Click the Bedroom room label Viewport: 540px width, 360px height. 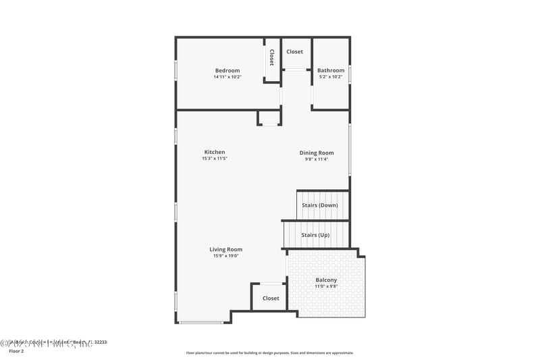click(227, 71)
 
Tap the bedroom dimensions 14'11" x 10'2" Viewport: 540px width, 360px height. click(227, 77)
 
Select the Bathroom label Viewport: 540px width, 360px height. click(331, 70)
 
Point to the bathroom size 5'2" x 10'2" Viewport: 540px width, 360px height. click(331, 77)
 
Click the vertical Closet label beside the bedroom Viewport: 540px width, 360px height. click(271, 57)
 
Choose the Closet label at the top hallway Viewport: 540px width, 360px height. click(295, 51)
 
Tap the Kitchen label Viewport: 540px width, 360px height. click(215, 152)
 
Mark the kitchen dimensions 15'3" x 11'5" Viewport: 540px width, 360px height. click(215, 159)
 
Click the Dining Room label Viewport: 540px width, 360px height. click(317, 153)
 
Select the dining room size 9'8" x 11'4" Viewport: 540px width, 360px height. click(317, 159)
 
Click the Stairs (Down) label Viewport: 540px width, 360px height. click(320, 205)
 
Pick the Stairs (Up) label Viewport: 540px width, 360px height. click(315, 235)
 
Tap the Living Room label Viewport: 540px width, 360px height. click(225, 249)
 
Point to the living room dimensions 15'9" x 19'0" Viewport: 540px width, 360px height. click(225, 256)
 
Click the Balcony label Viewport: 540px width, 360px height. click(326, 280)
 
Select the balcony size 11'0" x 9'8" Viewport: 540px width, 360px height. click(326, 286)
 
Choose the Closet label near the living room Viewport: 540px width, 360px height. click(271, 298)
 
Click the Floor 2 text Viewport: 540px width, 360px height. click(16, 351)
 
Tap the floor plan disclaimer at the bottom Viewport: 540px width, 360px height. click(270, 353)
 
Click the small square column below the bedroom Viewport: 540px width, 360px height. click(269, 119)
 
